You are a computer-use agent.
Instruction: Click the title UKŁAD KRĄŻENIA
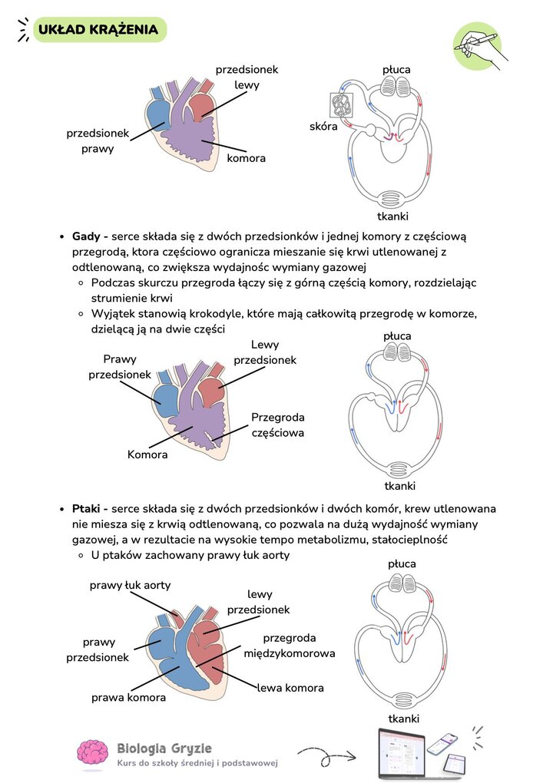pyautogui.click(x=98, y=29)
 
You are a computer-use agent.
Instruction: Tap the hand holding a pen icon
pyautogui.click(x=480, y=45)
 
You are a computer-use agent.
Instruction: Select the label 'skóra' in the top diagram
pyautogui.click(x=323, y=127)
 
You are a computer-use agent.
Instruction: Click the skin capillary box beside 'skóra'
pyautogui.click(x=343, y=105)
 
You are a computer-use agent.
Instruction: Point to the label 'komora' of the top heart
pyautogui.click(x=246, y=158)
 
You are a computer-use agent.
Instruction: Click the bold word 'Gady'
pyautogui.click(x=86, y=236)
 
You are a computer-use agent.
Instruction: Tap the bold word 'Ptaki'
pyautogui.click(x=86, y=509)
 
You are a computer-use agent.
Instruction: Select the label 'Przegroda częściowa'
pyautogui.click(x=278, y=425)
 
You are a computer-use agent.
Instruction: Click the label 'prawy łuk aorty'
pyautogui.click(x=130, y=585)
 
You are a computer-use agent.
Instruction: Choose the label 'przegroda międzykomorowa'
pyautogui.click(x=290, y=646)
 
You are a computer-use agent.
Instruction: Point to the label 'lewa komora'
pyautogui.click(x=290, y=688)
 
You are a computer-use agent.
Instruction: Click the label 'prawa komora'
pyautogui.click(x=128, y=698)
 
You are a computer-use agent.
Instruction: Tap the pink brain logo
pyautogui.click(x=92, y=752)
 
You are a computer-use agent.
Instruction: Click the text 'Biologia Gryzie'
pyautogui.click(x=164, y=748)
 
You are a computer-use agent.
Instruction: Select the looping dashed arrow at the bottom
pyautogui.click(x=326, y=756)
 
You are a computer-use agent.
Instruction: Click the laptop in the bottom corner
pyautogui.click(x=402, y=754)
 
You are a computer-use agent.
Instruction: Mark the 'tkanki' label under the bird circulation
pyautogui.click(x=404, y=719)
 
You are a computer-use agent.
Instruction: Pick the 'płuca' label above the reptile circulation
pyautogui.click(x=397, y=336)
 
